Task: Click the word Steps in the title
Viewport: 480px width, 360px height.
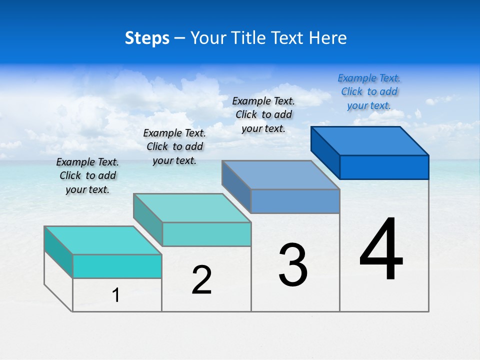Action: [147, 38]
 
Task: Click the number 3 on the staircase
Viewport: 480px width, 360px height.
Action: [293, 265]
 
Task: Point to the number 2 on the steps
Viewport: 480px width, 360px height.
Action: [201, 280]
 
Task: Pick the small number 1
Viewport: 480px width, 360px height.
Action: [116, 295]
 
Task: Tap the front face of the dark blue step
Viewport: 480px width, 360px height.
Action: [384, 167]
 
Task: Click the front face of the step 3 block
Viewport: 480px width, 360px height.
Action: [295, 201]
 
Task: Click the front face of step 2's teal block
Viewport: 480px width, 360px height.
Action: [206, 234]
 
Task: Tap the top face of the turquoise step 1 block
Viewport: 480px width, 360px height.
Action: [103, 240]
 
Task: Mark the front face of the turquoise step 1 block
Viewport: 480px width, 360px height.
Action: [117, 266]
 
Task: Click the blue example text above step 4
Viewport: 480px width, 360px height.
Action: [369, 92]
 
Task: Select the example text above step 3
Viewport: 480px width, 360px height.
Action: [263, 114]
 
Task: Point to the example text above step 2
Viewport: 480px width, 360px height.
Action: [174, 146]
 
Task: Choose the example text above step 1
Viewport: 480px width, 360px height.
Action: [87, 175]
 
